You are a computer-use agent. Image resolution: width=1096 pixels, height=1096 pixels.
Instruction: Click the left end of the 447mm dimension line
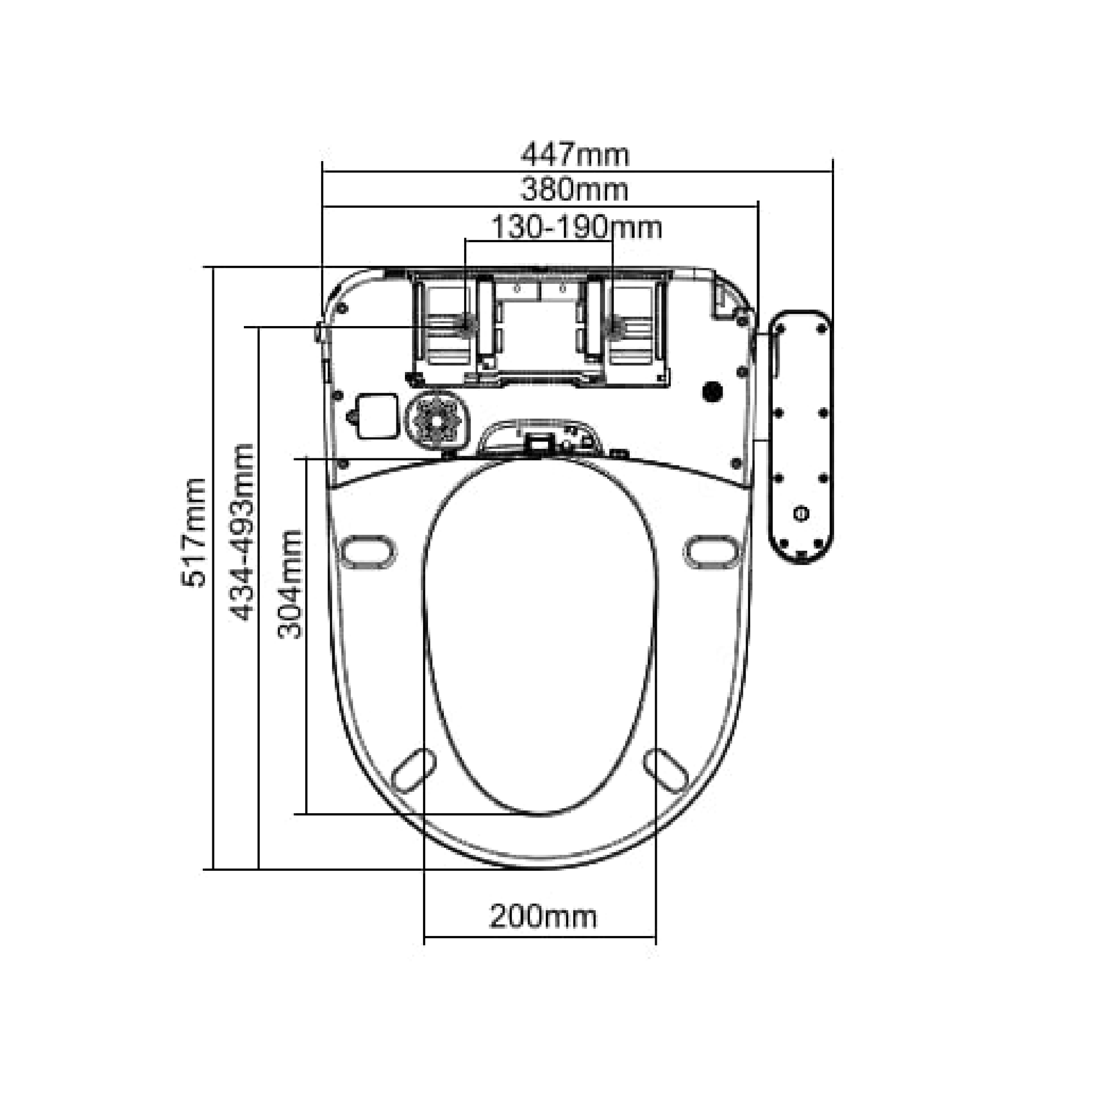[x=322, y=171]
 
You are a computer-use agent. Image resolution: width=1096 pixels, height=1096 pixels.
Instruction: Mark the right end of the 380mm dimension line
[x=759, y=207]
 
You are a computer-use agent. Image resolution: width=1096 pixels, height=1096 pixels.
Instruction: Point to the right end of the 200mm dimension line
[x=656, y=937]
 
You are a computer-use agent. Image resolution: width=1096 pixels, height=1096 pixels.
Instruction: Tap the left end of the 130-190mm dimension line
[x=465, y=240]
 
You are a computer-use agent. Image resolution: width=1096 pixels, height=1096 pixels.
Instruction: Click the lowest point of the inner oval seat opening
[x=540, y=816]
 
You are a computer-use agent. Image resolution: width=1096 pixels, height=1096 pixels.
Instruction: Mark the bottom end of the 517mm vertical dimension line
[x=213, y=868]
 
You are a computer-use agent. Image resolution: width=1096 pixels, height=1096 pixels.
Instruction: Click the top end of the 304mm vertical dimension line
[x=306, y=458]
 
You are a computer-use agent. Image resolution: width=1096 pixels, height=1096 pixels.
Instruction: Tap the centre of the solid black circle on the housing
[x=712, y=391]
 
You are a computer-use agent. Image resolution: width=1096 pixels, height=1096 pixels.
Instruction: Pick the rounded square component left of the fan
[x=375, y=416]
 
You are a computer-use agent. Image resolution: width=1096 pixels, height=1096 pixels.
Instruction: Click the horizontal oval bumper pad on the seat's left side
[x=368, y=551]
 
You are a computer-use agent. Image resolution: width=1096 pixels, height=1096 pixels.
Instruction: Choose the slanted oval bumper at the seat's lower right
[x=667, y=770]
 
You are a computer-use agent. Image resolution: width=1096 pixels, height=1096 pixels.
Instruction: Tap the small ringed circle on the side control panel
[x=801, y=514]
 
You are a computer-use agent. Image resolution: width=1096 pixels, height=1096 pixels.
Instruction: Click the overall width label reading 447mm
[x=575, y=154]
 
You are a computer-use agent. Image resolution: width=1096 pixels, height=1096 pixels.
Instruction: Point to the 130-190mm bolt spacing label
[x=576, y=228]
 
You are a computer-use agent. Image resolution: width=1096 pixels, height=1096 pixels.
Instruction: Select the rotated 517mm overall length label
[x=193, y=532]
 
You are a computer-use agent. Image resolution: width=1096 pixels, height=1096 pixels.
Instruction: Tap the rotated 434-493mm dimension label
[x=241, y=532]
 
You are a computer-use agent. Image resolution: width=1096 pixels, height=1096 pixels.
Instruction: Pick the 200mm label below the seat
[x=543, y=917]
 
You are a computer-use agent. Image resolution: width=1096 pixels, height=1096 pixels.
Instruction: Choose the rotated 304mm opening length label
[x=290, y=584]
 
